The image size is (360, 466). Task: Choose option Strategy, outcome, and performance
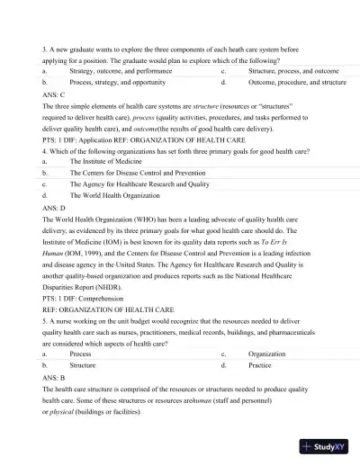click(x=121, y=69)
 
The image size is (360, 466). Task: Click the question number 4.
click(x=45, y=150)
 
